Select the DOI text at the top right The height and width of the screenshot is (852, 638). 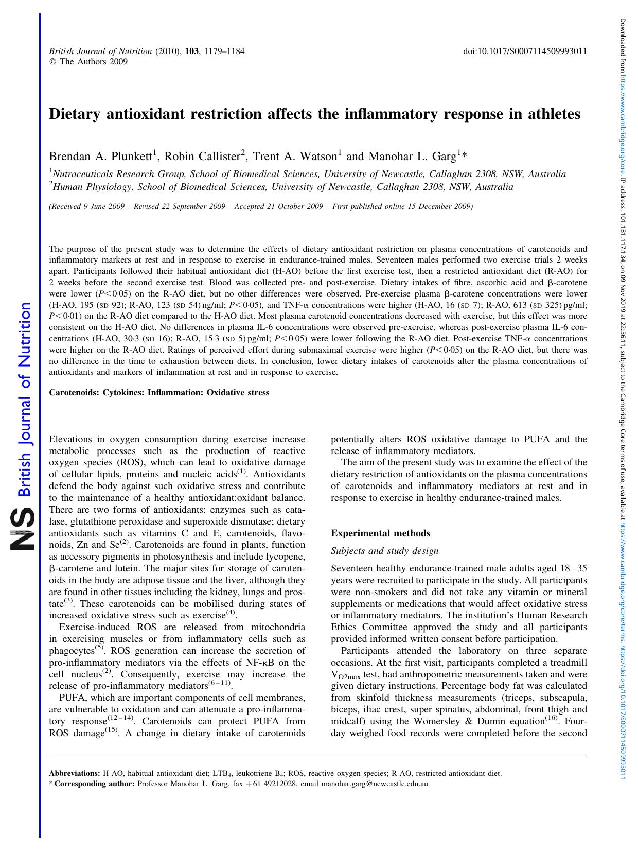525,51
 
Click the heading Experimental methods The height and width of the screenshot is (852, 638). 380,533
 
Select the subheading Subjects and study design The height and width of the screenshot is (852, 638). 384,551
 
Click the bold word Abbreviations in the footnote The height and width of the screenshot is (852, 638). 74,773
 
